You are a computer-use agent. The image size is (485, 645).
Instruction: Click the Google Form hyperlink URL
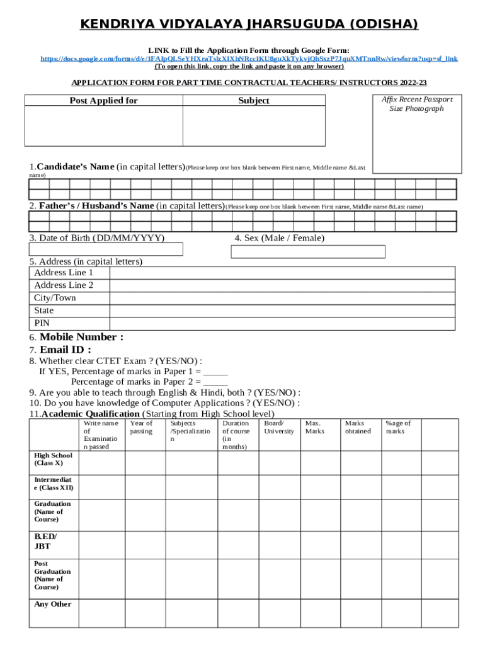(249, 59)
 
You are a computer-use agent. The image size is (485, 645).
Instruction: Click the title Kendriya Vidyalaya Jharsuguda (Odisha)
(249, 25)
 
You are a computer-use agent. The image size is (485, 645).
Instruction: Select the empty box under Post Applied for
(103, 127)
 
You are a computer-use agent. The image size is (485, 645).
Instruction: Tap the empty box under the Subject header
(254, 127)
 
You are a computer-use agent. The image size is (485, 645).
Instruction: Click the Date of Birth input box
(106, 250)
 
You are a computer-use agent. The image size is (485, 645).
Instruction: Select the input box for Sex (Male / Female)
(308, 252)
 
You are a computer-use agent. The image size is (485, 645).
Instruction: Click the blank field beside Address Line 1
(282, 273)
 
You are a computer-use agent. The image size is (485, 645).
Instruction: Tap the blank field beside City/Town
(282, 298)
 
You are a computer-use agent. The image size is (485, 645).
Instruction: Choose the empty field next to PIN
(282, 324)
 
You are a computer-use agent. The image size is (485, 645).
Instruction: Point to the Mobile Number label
(81, 337)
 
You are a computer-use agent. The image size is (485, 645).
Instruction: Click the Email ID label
(65, 350)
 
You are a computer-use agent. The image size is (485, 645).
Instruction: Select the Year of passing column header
(141, 428)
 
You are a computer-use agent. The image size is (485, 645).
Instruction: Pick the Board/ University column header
(278, 428)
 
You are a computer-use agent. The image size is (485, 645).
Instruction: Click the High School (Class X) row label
(48, 459)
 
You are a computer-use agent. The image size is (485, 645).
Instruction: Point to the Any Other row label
(52, 605)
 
